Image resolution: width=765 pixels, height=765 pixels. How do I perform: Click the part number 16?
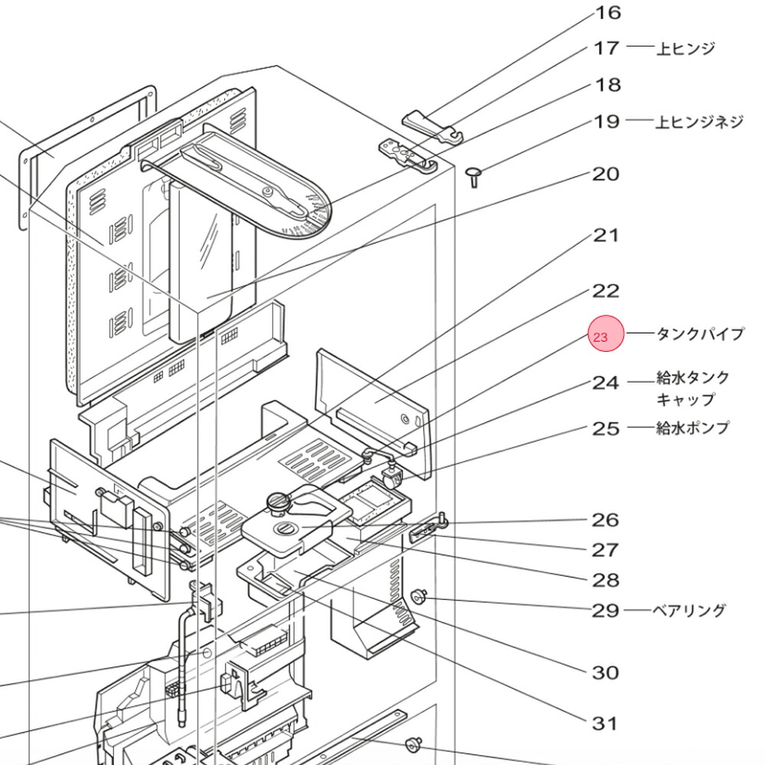pos(608,13)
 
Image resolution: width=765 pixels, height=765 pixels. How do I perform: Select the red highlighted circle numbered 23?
pos(606,336)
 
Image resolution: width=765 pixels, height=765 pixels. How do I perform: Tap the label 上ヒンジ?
pos(685,48)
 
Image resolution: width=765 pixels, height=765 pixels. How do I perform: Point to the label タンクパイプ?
pos(700,334)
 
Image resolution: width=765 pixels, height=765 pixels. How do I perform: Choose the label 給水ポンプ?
pos(692,428)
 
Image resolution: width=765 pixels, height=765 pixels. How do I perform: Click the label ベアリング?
pos(688,610)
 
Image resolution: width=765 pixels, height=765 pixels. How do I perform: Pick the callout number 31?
pos(604,723)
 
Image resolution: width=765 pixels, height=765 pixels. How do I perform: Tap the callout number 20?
pos(605,174)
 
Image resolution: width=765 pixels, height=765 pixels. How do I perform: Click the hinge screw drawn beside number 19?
pos(473,177)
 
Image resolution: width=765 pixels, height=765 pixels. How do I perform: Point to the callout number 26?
pos(605,520)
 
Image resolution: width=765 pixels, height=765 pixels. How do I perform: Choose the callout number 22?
pos(605,291)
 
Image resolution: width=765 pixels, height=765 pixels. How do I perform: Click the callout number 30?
pos(605,673)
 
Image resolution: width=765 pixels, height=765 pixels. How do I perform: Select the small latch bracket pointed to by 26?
pos(428,528)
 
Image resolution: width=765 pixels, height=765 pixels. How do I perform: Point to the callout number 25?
pos(605,428)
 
